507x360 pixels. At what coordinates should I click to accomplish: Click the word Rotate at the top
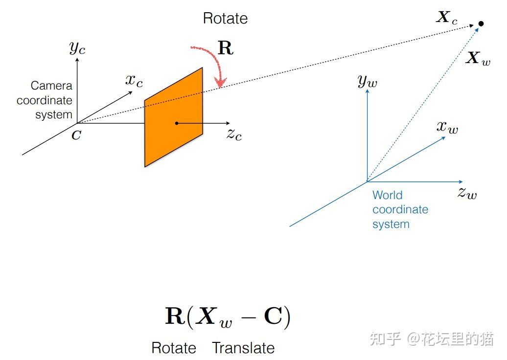225,19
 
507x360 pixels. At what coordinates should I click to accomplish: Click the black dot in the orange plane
176,123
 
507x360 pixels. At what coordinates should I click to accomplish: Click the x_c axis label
134,80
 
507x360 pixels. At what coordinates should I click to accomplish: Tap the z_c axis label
234,134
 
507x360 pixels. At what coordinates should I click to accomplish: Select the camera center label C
76,135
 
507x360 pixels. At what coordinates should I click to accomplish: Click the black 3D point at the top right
481,23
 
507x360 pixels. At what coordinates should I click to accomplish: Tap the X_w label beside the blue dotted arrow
477,59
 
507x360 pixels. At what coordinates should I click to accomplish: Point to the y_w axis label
367,81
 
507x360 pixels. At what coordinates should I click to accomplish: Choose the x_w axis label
447,127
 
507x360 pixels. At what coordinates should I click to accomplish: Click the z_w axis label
467,192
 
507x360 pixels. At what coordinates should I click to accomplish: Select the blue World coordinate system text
400,209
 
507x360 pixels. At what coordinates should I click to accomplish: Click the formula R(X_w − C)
228,317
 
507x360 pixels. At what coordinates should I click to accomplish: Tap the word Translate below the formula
243,348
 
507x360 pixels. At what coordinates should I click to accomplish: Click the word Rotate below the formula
174,348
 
